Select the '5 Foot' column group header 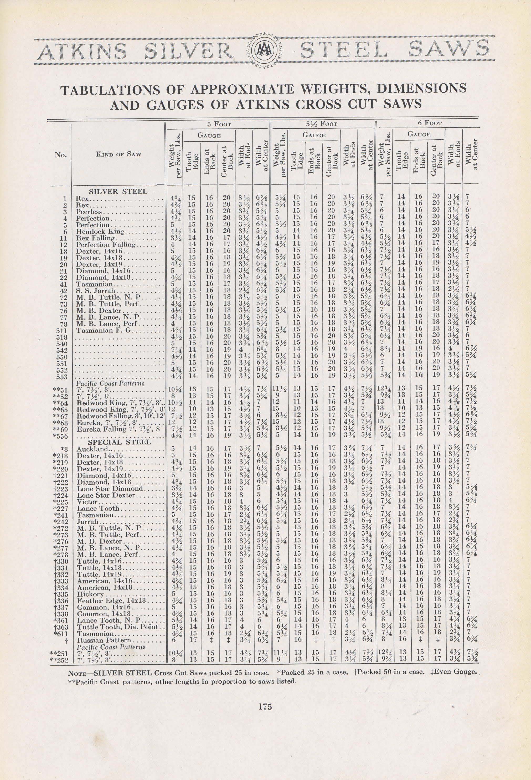219,124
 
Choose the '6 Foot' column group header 430,123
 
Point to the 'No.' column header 61,155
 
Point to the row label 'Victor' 87,502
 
